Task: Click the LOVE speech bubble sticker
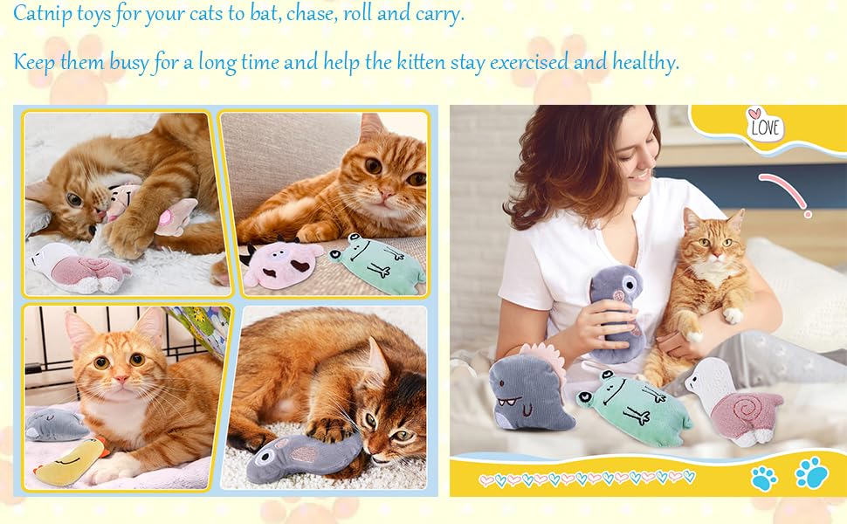765,126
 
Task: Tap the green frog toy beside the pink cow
375,262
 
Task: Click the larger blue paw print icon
811,472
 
